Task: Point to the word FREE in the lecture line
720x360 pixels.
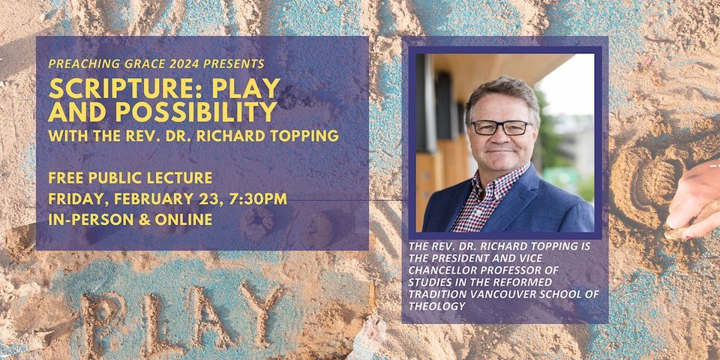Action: pyautogui.click(x=64, y=178)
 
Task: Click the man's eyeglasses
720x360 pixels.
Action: pyautogui.click(x=500, y=127)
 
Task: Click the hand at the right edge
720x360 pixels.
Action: pyautogui.click(x=694, y=199)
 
